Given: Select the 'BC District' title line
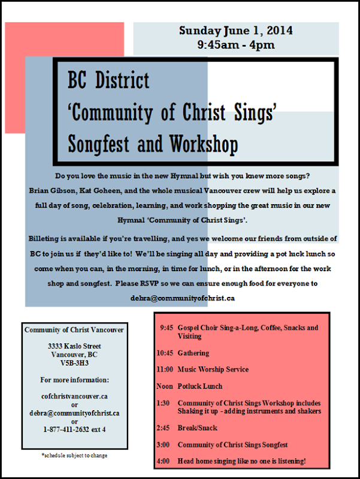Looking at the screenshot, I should pyautogui.click(x=108, y=80).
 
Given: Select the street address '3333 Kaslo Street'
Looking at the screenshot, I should pyautogui.click(x=74, y=346).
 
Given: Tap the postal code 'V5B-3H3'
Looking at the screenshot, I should pyautogui.click(x=74, y=363).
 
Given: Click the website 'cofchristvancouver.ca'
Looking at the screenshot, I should pyautogui.click(x=74, y=396).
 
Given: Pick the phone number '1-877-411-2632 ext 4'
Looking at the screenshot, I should pyautogui.click(x=74, y=429).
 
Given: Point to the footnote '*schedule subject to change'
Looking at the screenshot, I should pyautogui.click(x=75, y=456).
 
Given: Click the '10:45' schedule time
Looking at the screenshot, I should pyautogui.click(x=165, y=353).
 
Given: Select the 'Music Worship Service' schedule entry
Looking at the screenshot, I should pyautogui.click(x=213, y=369).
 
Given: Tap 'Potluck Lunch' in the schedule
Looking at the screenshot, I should pyautogui.click(x=199, y=386).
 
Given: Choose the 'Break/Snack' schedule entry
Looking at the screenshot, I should pyautogui.click(x=197, y=428).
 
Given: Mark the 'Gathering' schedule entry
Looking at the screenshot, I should pyautogui.click(x=193, y=353).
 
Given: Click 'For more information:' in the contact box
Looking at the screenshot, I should pyautogui.click(x=74, y=380).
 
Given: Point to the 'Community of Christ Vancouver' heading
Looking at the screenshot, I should pyautogui.click(x=74, y=330).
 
